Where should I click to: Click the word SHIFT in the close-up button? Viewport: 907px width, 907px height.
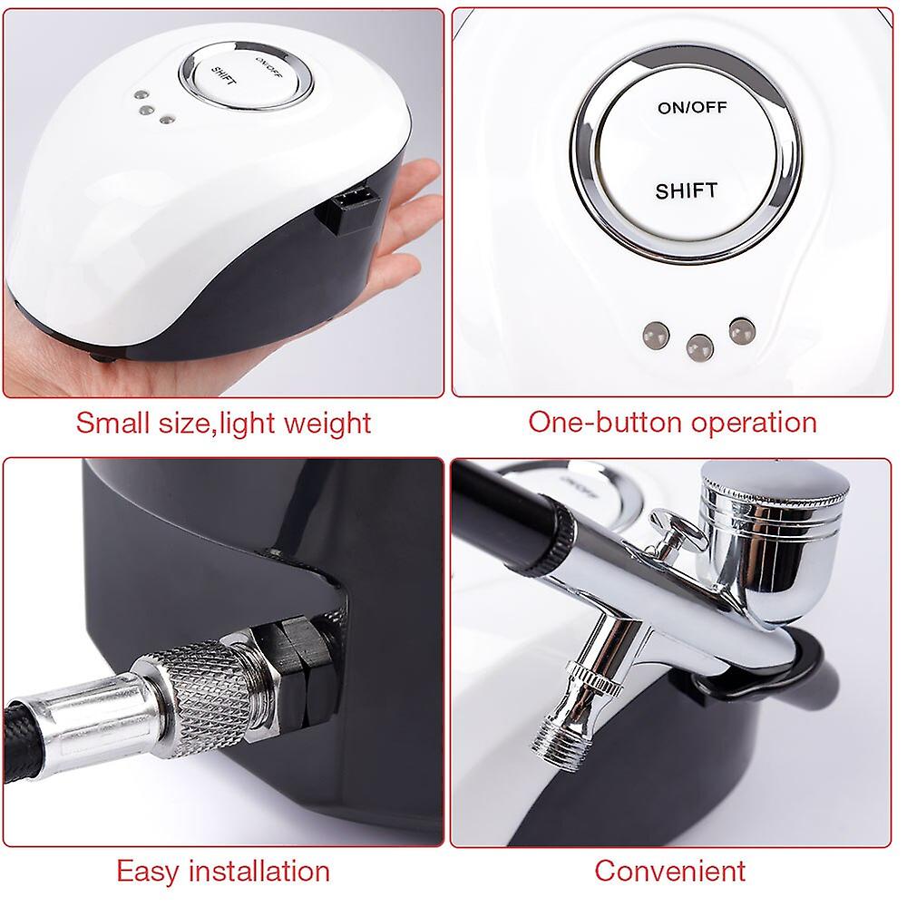coord(686,190)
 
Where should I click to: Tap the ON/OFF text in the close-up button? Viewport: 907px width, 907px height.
coord(691,108)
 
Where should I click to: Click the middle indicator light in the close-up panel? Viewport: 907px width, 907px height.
coord(698,346)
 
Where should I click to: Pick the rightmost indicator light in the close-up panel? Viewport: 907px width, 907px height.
coord(740,327)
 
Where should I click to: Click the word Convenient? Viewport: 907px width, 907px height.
coord(669,871)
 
